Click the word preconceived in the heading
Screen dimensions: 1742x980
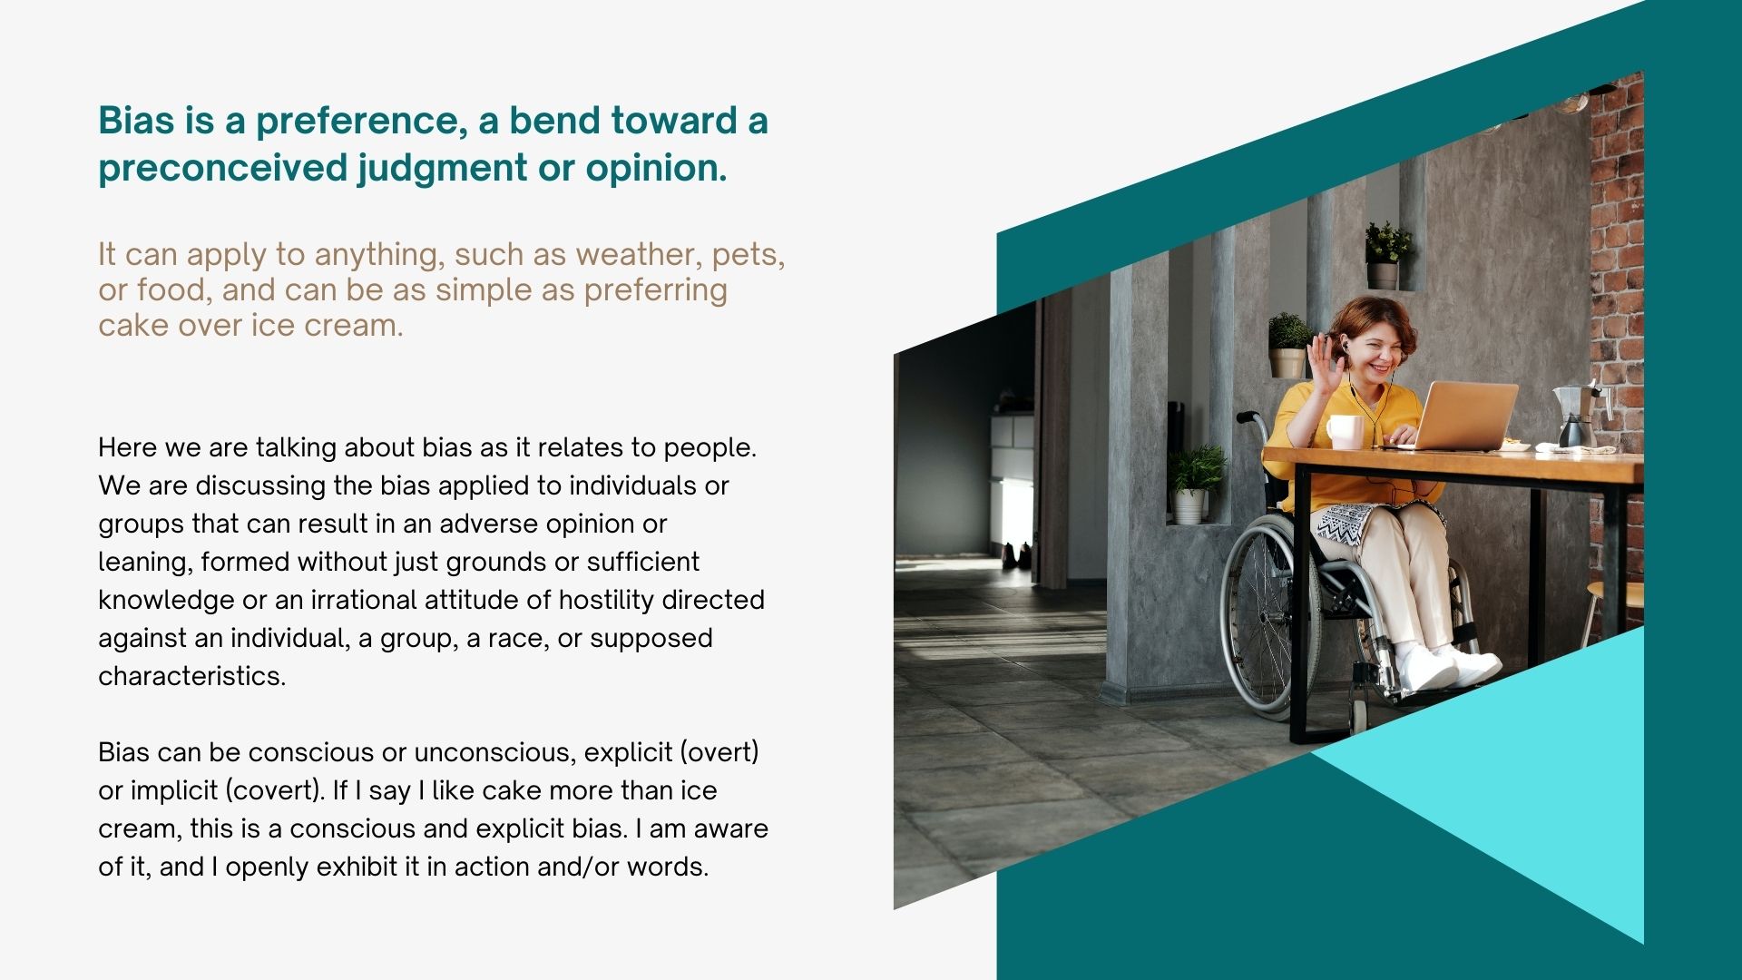click(x=222, y=168)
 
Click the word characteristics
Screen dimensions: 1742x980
click(x=191, y=676)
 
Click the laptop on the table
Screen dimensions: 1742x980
click(x=1457, y=416)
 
